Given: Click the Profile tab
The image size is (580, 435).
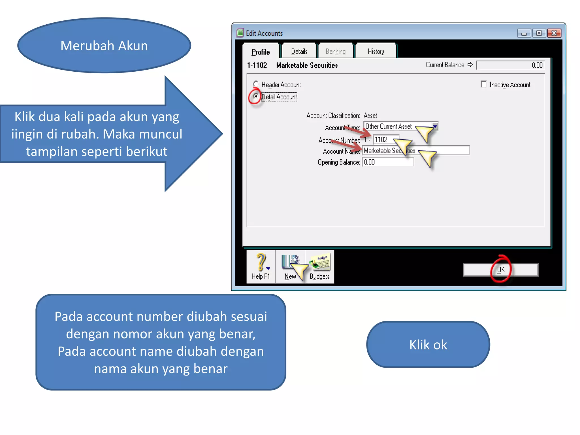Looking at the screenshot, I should pyautogui.click(x=261, y=52).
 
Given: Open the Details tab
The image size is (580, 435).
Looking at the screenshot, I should pyautogui.click(x=299, y=52).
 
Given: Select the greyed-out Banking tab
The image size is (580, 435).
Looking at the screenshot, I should pyautogui.click(x=336, y=52).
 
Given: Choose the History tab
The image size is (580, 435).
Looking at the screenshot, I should pyautogui.click(x=376, y=52).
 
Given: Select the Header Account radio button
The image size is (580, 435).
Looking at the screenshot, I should pyautogui.click(x=256, y=84).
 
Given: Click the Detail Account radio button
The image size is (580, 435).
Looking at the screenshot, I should pyautogui.click(x=256, y=96).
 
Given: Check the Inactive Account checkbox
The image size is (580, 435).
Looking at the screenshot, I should pyautogui.click(x=484, y=84).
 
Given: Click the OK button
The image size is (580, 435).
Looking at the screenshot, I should pyautogui.click(x=501, y=270).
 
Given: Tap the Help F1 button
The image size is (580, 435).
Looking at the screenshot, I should pyautogui.click(x=261, y=266).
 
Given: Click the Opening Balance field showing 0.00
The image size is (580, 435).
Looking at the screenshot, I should pyautogui.click(x=388, y=162).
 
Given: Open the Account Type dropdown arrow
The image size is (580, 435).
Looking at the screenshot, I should pyautogui.click(x=435, y=126).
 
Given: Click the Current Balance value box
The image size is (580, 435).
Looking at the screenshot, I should pyautogui.click(x=510, y=65).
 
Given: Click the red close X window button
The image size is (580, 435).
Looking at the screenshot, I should pyautogui.click(x=554, y=33).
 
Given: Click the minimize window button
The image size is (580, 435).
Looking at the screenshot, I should pyautogui.click(x=524, y=33).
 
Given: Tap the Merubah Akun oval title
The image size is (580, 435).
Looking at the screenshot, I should pyautogui.click(x=104, y=46).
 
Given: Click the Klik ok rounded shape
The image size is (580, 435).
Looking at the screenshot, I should pyautogui.click(x=428, y=345).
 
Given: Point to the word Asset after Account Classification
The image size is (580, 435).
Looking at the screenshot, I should pyautogui.click(x=370, y=116).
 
